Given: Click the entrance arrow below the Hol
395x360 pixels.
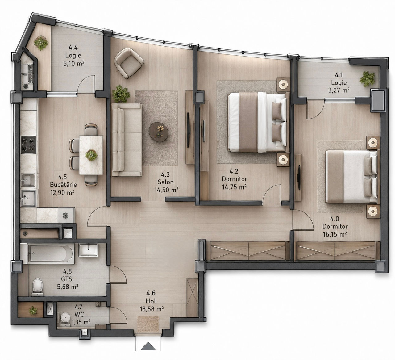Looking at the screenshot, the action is point(148,346).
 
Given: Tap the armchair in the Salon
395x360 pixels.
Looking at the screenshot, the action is point(129,63).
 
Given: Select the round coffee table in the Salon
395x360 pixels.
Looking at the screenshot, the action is point(159,132).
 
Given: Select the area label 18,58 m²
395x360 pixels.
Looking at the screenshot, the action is point(152,309).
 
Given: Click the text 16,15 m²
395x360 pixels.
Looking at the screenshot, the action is point(335,234).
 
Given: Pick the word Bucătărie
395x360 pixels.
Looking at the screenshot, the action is point(63,185).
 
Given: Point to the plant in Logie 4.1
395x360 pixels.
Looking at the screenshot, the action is point(367,79).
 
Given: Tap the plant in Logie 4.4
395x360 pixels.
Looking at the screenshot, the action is point(41,43).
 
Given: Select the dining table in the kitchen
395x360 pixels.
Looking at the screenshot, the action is point(91,155).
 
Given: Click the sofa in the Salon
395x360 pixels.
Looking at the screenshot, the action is point(127,140).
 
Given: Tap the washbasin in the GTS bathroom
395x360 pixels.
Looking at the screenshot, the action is point(88,250).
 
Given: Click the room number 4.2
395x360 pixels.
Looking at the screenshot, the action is point(234,171).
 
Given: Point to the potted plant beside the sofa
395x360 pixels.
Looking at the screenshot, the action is point(121,94).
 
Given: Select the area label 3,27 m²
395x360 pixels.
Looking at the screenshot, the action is point(339,90).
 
